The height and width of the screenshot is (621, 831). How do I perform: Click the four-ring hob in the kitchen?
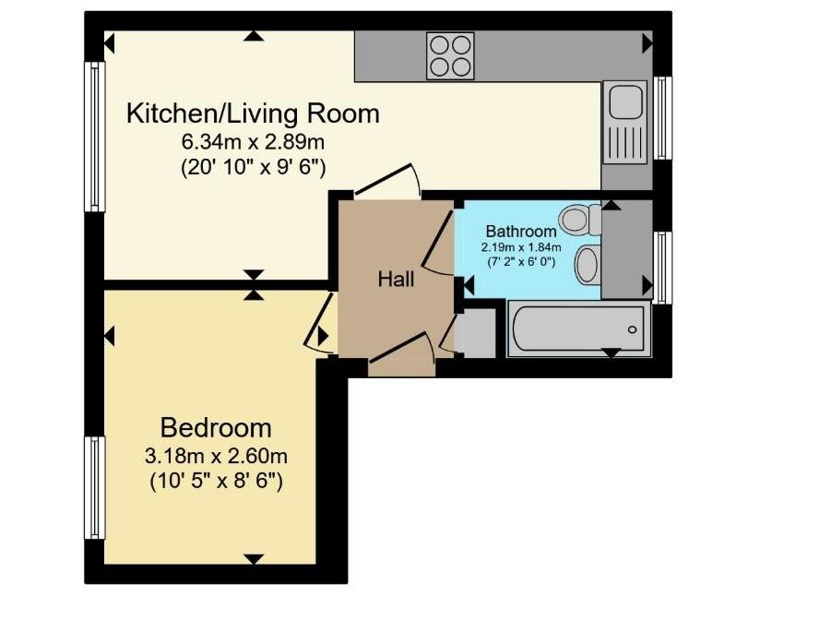450,55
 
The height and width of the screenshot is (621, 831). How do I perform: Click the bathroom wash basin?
588,264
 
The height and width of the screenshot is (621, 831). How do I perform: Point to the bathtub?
578,328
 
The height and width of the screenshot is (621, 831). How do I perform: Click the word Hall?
396,279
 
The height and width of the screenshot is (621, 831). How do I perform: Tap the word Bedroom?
216,428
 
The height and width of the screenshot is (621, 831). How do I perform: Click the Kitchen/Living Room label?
253,113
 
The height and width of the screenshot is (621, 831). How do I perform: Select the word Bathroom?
521,232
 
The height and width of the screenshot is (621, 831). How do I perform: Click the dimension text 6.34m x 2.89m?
253,142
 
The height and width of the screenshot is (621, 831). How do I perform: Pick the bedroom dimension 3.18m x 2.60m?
216,456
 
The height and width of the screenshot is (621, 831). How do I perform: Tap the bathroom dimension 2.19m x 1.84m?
521,247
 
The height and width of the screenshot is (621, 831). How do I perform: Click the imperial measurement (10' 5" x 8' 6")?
216,482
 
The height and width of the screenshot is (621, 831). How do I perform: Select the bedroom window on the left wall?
95,488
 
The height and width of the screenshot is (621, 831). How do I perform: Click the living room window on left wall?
95,137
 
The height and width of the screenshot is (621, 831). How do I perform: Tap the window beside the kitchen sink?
662,118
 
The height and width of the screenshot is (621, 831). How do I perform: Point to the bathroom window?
662,268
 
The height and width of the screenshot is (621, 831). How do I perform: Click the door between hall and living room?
387,180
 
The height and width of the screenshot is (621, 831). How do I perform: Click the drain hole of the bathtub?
633,329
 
